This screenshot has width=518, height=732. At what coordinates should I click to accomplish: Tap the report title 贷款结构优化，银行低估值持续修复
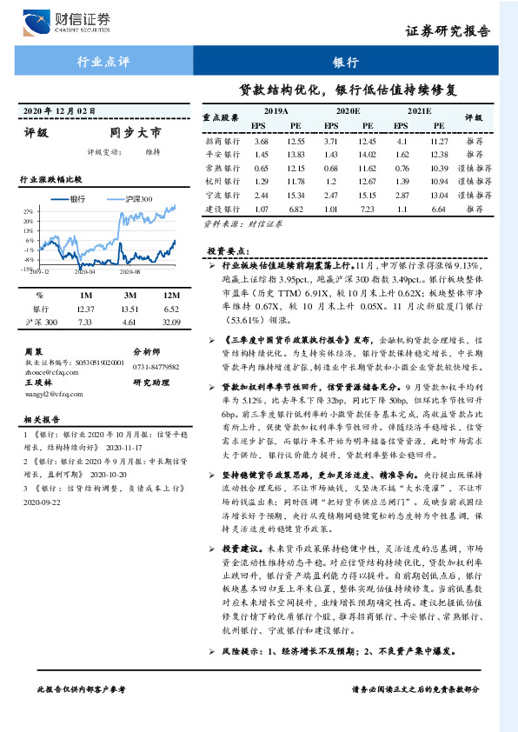point(348,90)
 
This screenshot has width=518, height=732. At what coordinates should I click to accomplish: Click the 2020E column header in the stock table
point(347,111)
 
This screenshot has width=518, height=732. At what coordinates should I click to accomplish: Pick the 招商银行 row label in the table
point(222,141)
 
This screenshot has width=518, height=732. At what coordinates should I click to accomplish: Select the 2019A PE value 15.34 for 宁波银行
point(296,196)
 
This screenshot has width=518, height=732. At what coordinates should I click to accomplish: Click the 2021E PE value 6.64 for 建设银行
point(439,210)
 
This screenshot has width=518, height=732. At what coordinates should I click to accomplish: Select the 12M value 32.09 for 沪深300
point(170,323)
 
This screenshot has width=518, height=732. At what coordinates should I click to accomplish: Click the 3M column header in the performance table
point(132,295)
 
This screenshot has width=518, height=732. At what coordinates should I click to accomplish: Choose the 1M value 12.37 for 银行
point(85,309)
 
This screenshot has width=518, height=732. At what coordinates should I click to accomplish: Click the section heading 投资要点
point(229,250)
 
